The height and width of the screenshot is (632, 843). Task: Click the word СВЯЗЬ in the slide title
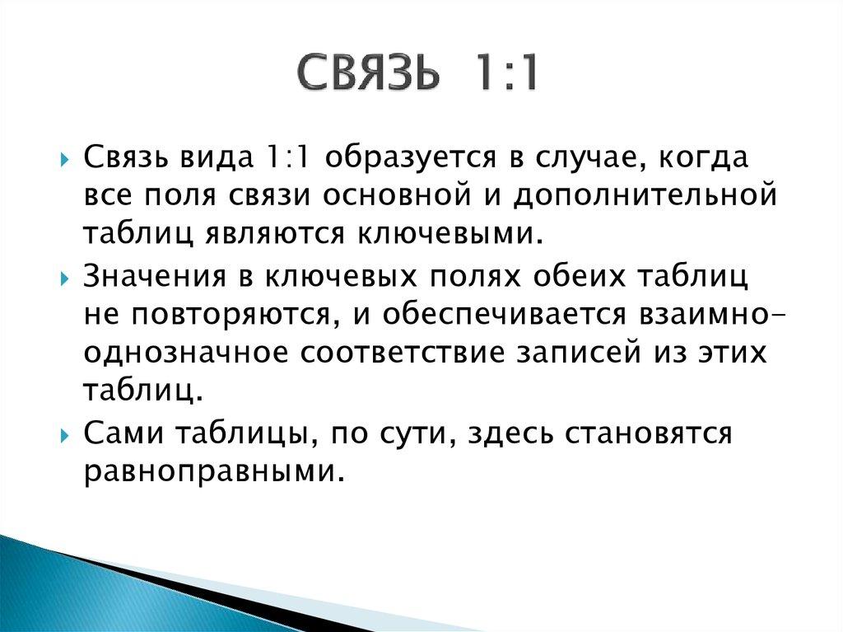point(367,75)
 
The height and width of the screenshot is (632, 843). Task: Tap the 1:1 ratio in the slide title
point(505,75)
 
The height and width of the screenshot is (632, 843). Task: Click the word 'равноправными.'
point(213,473)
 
